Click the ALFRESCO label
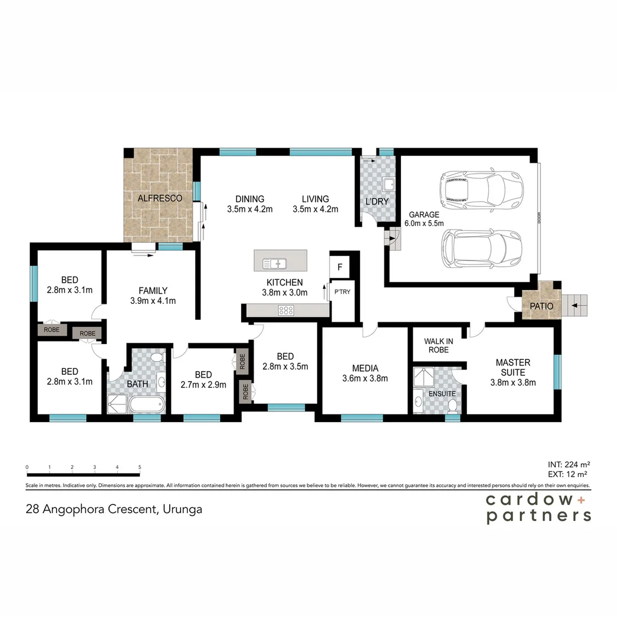click(159, 198)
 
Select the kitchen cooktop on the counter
click(286, 310)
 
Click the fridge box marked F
click(340, 267)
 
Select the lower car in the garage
click(482, 249)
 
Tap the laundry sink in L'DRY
click(389, 185)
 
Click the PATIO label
click(541, 306)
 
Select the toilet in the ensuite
click(452, 406)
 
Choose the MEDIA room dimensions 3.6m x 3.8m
click(364, 378)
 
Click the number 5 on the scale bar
click(139, 467)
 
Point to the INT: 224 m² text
click(568, 464)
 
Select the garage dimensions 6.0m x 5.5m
click(424, 223)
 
